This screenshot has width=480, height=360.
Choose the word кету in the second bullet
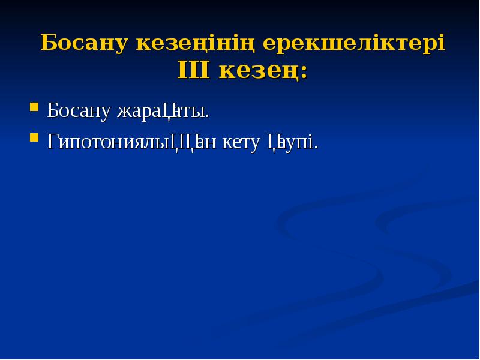(x=242, y=143)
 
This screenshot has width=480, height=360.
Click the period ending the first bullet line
(x=208, y=116)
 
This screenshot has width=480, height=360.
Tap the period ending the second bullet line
(x=316, y=148)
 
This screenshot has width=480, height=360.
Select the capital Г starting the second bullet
(x=53, y=142)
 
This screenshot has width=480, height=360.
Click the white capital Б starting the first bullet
(x=53, y=110)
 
